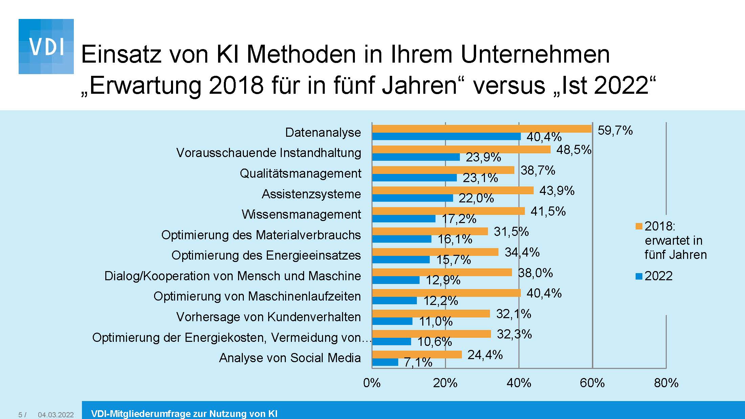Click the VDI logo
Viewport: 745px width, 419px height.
[46, 46]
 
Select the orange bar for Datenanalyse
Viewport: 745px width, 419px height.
[482, 129]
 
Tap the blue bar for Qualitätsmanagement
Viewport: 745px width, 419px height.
[414, 178]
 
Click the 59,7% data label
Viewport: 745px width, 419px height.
[615, 130]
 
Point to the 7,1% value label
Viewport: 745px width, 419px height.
[418, 362]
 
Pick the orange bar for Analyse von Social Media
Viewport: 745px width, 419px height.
[417, 354]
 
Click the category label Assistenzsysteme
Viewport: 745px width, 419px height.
[311, 194]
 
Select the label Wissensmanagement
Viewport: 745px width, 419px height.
[301, 214]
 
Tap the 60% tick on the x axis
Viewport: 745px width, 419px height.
[592, 383]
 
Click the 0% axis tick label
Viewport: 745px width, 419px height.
[372, 383]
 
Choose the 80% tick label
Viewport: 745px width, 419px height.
[666, 383]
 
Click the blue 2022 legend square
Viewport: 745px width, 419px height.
[639, 276]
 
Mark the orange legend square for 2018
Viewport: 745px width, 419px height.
[639, 226]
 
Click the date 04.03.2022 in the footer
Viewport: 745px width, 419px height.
[56, 415]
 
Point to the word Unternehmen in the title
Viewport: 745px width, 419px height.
[535, 54]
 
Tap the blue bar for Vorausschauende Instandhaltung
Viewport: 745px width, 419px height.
[416, 157]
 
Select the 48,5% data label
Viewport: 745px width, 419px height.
[574, 150]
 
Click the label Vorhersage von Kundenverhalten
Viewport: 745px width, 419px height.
[268, 317]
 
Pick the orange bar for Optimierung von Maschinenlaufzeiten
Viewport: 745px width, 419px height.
[446, 293]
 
